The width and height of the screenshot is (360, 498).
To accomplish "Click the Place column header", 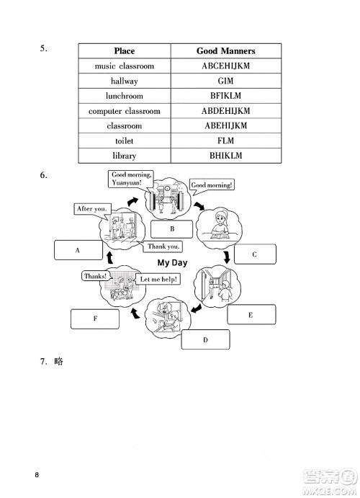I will coord(124,51).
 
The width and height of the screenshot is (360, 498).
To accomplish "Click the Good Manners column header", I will coord(226,51).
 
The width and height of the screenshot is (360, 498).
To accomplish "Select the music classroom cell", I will coord(124,66).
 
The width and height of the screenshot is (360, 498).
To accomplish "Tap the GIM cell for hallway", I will coord(226,81).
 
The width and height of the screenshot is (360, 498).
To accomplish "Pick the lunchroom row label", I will coord(124,96).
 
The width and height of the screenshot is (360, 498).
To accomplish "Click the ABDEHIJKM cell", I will coord(226,111).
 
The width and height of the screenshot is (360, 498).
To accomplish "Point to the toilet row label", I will coord(124,141).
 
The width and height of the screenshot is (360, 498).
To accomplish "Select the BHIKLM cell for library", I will coord(226,156).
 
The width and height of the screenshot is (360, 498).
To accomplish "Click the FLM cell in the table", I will coord(226,141).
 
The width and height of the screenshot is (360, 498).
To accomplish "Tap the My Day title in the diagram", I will coord(172,262).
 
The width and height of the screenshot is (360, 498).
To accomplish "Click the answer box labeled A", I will coord(77,250).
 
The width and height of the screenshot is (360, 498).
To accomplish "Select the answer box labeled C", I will coord(254,254).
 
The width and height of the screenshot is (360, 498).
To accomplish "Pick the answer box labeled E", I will coord(251,315).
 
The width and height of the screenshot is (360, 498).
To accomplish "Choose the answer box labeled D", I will coord(204,339).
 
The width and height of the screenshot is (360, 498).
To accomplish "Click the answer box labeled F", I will coord(95,318).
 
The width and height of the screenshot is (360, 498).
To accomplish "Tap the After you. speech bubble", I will coord(91,209).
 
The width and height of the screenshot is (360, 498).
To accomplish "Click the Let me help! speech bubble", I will coord(158,279).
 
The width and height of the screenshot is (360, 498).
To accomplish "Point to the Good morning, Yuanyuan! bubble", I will coord(130,178).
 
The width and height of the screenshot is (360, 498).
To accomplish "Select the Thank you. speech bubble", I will coord(163,246).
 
